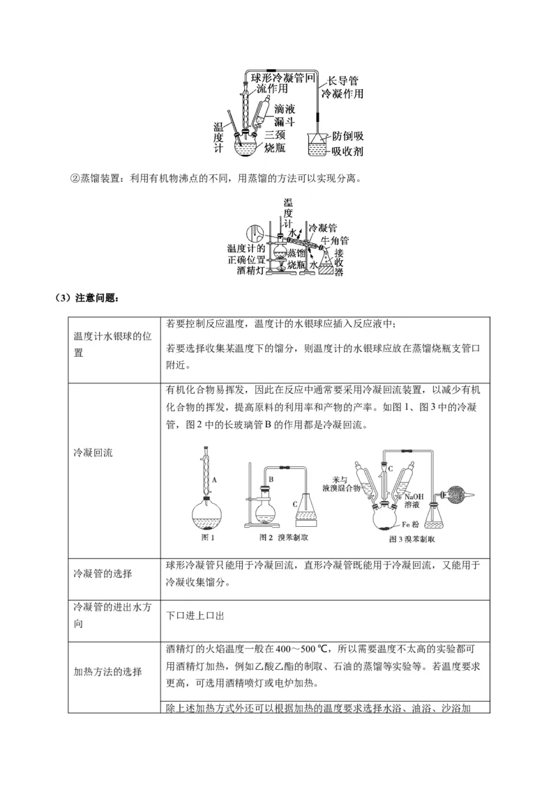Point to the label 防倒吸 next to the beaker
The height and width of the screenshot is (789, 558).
pyautogui.click(x=347, y=136)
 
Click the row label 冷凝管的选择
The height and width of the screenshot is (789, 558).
pyautogui.click(x=103, y=574)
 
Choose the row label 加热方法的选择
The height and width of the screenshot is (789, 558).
pyautogui.click(x=107, y=671)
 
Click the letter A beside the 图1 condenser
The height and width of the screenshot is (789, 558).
pyautogui.click(x=215, y=480)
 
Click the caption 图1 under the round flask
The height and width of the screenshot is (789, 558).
pyautogui.click(x=208, y=537)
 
